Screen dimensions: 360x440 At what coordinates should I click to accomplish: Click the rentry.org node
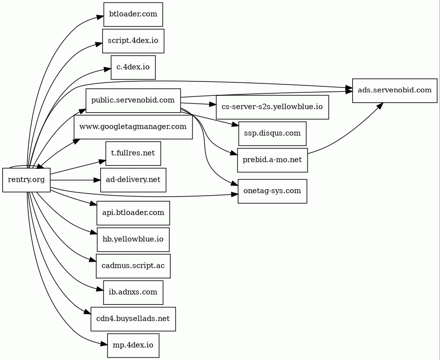26,180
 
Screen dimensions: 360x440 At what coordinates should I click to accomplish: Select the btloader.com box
133,14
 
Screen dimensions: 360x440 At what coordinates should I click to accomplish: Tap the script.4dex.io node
133,41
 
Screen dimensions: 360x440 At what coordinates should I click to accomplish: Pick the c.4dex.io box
133,67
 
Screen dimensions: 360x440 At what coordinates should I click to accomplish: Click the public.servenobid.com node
133,101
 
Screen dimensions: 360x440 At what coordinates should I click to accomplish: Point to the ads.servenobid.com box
394,90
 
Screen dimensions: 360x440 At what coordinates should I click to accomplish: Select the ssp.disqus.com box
272,134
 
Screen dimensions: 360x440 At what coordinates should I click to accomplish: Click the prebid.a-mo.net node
272,160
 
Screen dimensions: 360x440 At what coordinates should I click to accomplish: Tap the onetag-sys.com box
272,191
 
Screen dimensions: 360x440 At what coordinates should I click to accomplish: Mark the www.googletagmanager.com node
133,127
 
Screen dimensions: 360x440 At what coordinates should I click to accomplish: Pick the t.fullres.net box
133,153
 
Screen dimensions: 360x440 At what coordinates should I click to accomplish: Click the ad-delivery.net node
133,180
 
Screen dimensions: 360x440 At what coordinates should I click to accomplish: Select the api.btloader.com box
133,213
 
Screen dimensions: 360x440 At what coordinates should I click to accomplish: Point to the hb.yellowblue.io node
133,239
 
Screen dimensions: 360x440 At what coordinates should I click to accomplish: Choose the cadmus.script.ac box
133,266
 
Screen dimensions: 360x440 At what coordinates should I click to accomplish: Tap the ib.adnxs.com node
133,292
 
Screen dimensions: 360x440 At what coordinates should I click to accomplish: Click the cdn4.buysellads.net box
133,319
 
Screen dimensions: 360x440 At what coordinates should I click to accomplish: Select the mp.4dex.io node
133,345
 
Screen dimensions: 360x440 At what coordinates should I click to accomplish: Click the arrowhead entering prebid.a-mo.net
234,155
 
